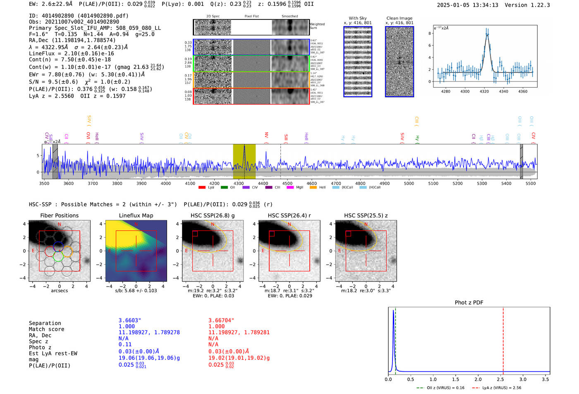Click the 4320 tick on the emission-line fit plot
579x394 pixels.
pyautogui.click(x=484, y=91)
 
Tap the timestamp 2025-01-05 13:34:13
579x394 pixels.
pyautogui.click(x=467, y=5)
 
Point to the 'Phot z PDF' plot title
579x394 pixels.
pyautogui.click(x=469, y=303)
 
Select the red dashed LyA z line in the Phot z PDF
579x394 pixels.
pyautogui.click(x=503, y=339)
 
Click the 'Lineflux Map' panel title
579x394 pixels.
pyautogui.click(x=136, y=215)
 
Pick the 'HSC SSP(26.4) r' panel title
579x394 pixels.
pyautogui.click(x=289, y=215)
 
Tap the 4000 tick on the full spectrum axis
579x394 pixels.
pyautogui.click(x=166, y=184)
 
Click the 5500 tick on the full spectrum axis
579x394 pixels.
pyautogui.click(x=531, y=184)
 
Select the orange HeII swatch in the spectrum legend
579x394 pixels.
pyautogui.click(x=313, y=188)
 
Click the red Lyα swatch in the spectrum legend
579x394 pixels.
pyautogui.click(x=202, y=188)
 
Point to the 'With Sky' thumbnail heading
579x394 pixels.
pyautogui.click(x=358, y=18)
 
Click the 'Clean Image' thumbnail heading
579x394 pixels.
pyautogui.click(x=400, y=18)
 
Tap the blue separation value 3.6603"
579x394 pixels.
pyautogui.click(x=130, y=320)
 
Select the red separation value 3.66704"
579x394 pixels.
pyautogui.click(x=221, y=320)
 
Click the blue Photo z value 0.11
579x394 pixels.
pyautogui.click(x=125, y=344)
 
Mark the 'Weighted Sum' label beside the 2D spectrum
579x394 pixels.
pyautogui.click(x=317, y=26)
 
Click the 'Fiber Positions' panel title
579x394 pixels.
pyautogui.click(x=59, y=215)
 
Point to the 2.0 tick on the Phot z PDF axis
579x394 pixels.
pyautogui.click(x=478, y=379)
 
